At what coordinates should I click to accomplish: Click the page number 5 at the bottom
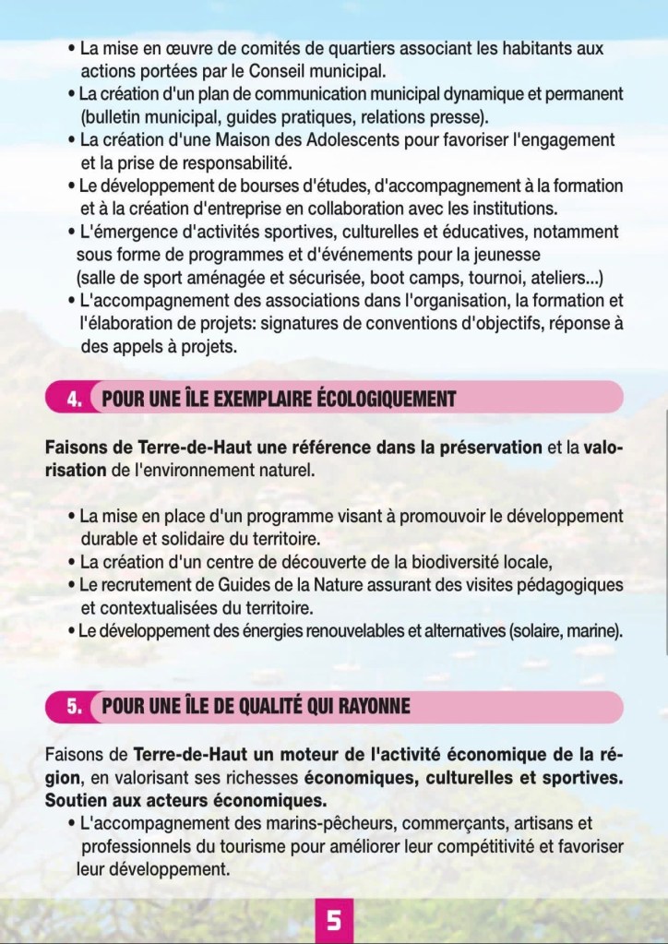(x=334, y=920)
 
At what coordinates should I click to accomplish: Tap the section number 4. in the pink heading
(x=77, y=400)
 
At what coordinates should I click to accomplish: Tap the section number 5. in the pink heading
(x=77, y=707)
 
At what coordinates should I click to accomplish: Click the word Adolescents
(x=360, y=140)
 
